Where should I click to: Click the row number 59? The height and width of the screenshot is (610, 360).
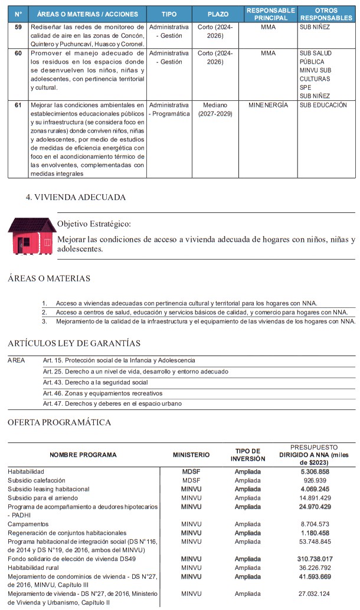click(18, 28)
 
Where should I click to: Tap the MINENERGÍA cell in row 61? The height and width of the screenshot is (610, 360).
click(268, 105)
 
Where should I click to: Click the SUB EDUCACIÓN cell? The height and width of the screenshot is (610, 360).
click(323, 105)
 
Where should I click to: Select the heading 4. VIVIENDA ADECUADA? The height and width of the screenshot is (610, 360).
click(76, 198)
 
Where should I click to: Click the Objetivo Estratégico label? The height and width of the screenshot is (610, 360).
click(94, 224)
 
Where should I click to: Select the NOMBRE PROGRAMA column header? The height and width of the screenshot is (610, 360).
click(83, 455)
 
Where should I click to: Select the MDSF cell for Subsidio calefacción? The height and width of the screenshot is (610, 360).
click(191, 481)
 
